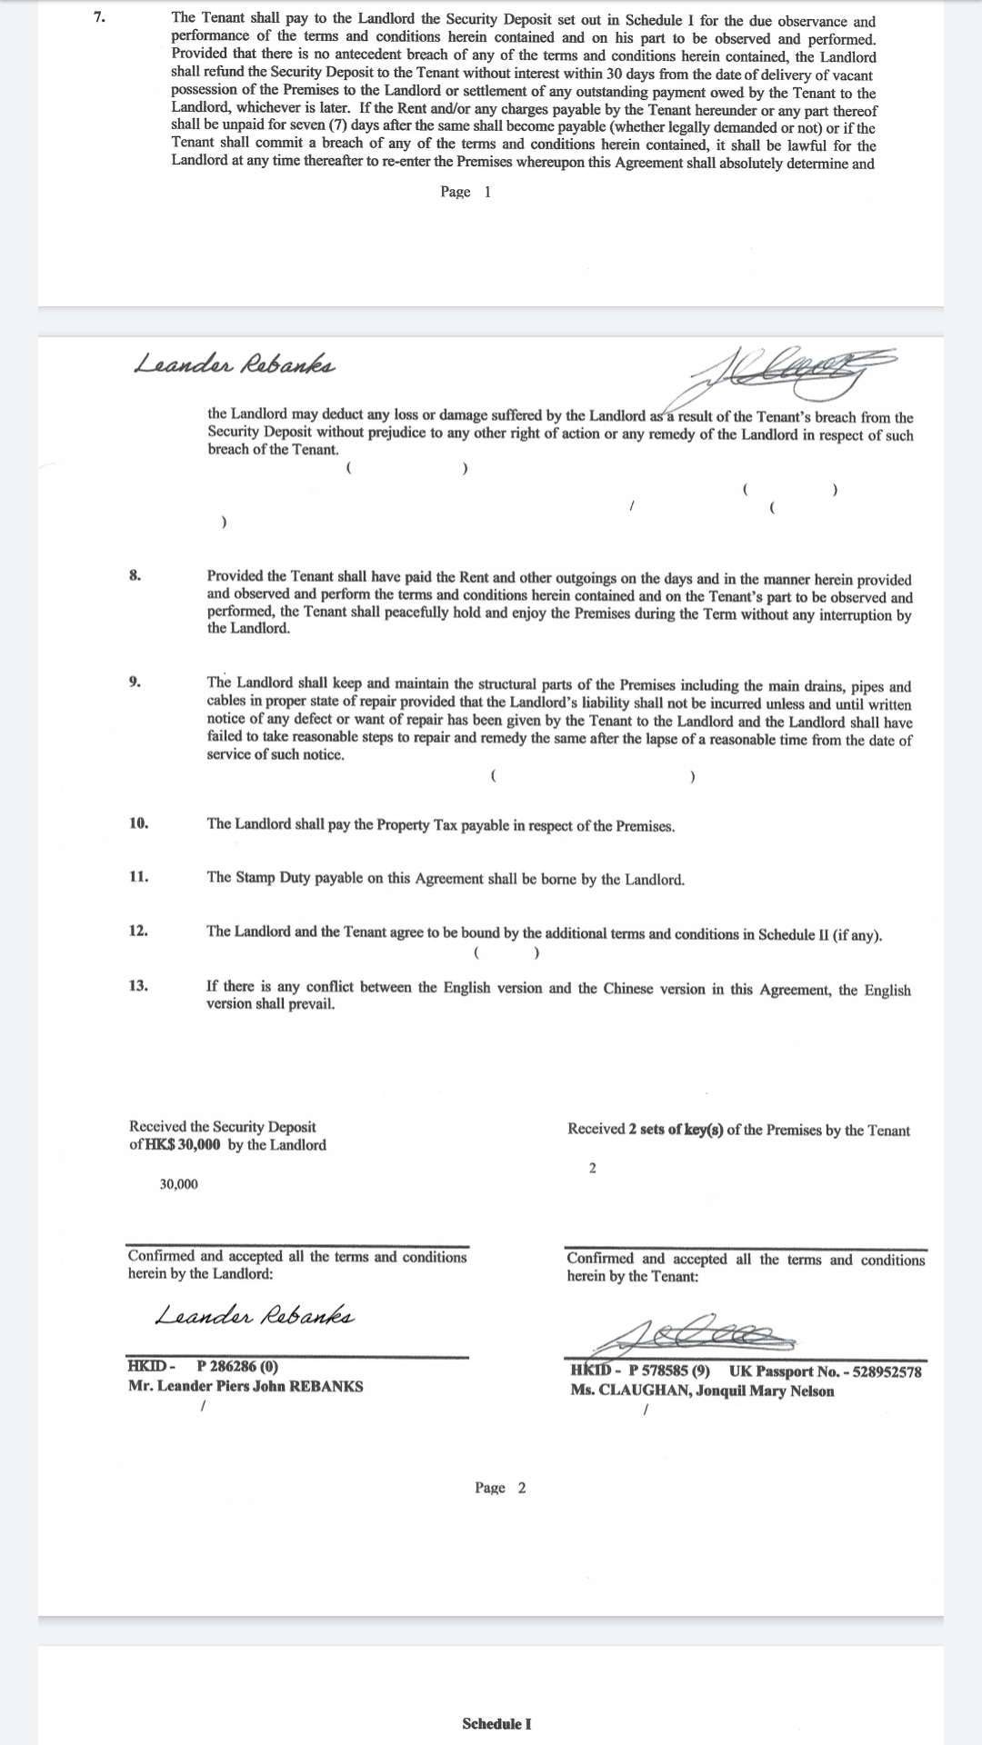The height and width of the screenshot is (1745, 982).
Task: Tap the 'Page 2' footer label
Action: [499, 1488]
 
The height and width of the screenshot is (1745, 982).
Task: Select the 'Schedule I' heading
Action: [496, 1724]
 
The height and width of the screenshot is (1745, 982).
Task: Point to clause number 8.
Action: [135, 575]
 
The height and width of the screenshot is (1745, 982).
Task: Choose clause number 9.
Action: [135, 683]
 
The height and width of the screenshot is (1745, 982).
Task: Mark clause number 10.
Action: [138, 823]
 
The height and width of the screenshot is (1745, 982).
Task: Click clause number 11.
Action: [138, 877]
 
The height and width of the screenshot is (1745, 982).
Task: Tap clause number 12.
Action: [138, 931]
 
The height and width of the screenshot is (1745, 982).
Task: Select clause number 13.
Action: [138, 985]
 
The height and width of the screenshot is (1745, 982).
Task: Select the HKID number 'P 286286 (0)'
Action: [237, 1366]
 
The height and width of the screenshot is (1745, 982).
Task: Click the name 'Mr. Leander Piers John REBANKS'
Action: [245, 1386]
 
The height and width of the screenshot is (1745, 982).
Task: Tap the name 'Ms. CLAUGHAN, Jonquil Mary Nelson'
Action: [702, 1391]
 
